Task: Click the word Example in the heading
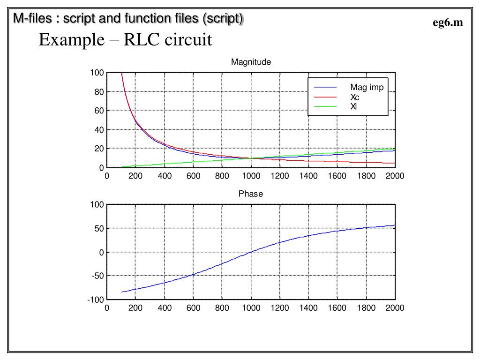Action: click(x=70, y=40)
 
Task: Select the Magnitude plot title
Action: click(x=251, y=62)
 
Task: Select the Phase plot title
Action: click(x=251, y=194)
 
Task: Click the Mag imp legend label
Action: click(x=367, y=87)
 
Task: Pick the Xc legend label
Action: click(x=355, y=97)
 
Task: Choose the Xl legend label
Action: click(x=353, y=106)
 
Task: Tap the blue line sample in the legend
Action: click(x=325, y=88)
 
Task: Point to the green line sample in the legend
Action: click(x=325, y=106)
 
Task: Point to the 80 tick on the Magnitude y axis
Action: click(x=98, y=92)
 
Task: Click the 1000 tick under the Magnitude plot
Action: click(x=251, y=176)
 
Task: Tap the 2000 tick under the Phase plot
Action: click(x=395, y=308)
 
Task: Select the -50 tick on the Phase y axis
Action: click(x=97, y=276)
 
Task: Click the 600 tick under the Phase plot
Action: click(x=193, y=308)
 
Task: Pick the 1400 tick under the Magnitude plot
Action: click(x=308, y=176)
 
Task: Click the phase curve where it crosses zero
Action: click(x=251, y=252)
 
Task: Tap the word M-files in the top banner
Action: click(x=32, y=19)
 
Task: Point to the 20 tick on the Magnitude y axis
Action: click(x=98, y=149)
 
